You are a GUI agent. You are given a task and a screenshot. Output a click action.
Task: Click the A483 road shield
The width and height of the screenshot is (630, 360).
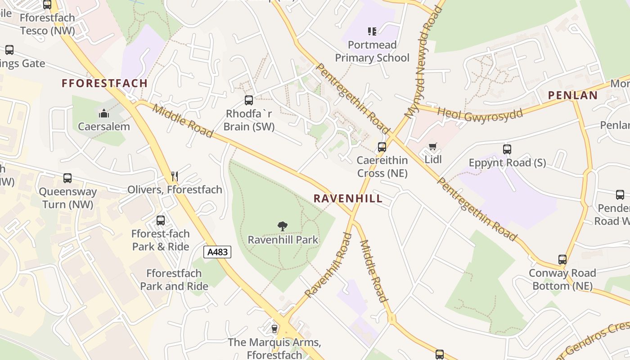coord(218,252)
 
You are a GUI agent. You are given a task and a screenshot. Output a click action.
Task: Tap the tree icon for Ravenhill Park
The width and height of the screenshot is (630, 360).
coord(283,226)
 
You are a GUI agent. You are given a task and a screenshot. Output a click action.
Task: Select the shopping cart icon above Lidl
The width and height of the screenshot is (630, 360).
coord(433,146)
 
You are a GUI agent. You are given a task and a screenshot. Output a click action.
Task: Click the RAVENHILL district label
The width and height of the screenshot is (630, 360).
coord(348,198)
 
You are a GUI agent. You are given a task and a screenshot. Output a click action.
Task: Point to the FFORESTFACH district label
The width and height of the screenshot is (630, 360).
coord(104,83)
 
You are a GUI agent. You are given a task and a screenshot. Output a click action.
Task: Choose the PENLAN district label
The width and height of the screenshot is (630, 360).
coord(572,95)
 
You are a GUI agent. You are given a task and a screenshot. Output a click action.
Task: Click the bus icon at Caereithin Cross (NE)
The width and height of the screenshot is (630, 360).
coord(382,147)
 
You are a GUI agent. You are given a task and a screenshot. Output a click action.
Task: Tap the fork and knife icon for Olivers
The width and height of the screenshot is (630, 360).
coord(175,176)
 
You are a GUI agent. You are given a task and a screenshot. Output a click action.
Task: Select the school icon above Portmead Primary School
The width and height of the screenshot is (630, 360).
coord(372,31)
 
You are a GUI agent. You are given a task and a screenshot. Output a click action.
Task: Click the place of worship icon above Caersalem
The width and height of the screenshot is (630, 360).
coord(104,113)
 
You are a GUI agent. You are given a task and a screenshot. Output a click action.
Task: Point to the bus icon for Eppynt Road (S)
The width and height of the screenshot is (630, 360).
coord(507,149)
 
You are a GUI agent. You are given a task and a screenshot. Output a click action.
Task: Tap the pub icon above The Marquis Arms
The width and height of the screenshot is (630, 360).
coord(274,329)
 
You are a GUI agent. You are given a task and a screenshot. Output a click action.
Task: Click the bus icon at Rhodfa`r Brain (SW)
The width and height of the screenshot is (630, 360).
coord(249,100)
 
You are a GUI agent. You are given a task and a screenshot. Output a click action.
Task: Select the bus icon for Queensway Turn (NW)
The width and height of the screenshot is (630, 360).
coord(67,178)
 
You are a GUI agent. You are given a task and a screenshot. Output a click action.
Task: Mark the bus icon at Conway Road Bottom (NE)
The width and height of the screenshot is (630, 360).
coord(562,259)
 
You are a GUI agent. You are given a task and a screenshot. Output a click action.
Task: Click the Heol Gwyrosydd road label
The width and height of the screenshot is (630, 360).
coord(480,114)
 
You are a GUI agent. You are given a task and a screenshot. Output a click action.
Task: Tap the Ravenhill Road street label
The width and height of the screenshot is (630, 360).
coord(328,265)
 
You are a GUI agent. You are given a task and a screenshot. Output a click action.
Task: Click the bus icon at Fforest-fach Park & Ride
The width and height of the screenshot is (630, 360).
coord(161,220)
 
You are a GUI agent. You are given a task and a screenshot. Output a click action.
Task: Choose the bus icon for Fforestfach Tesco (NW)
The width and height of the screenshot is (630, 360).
coord(47,5)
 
